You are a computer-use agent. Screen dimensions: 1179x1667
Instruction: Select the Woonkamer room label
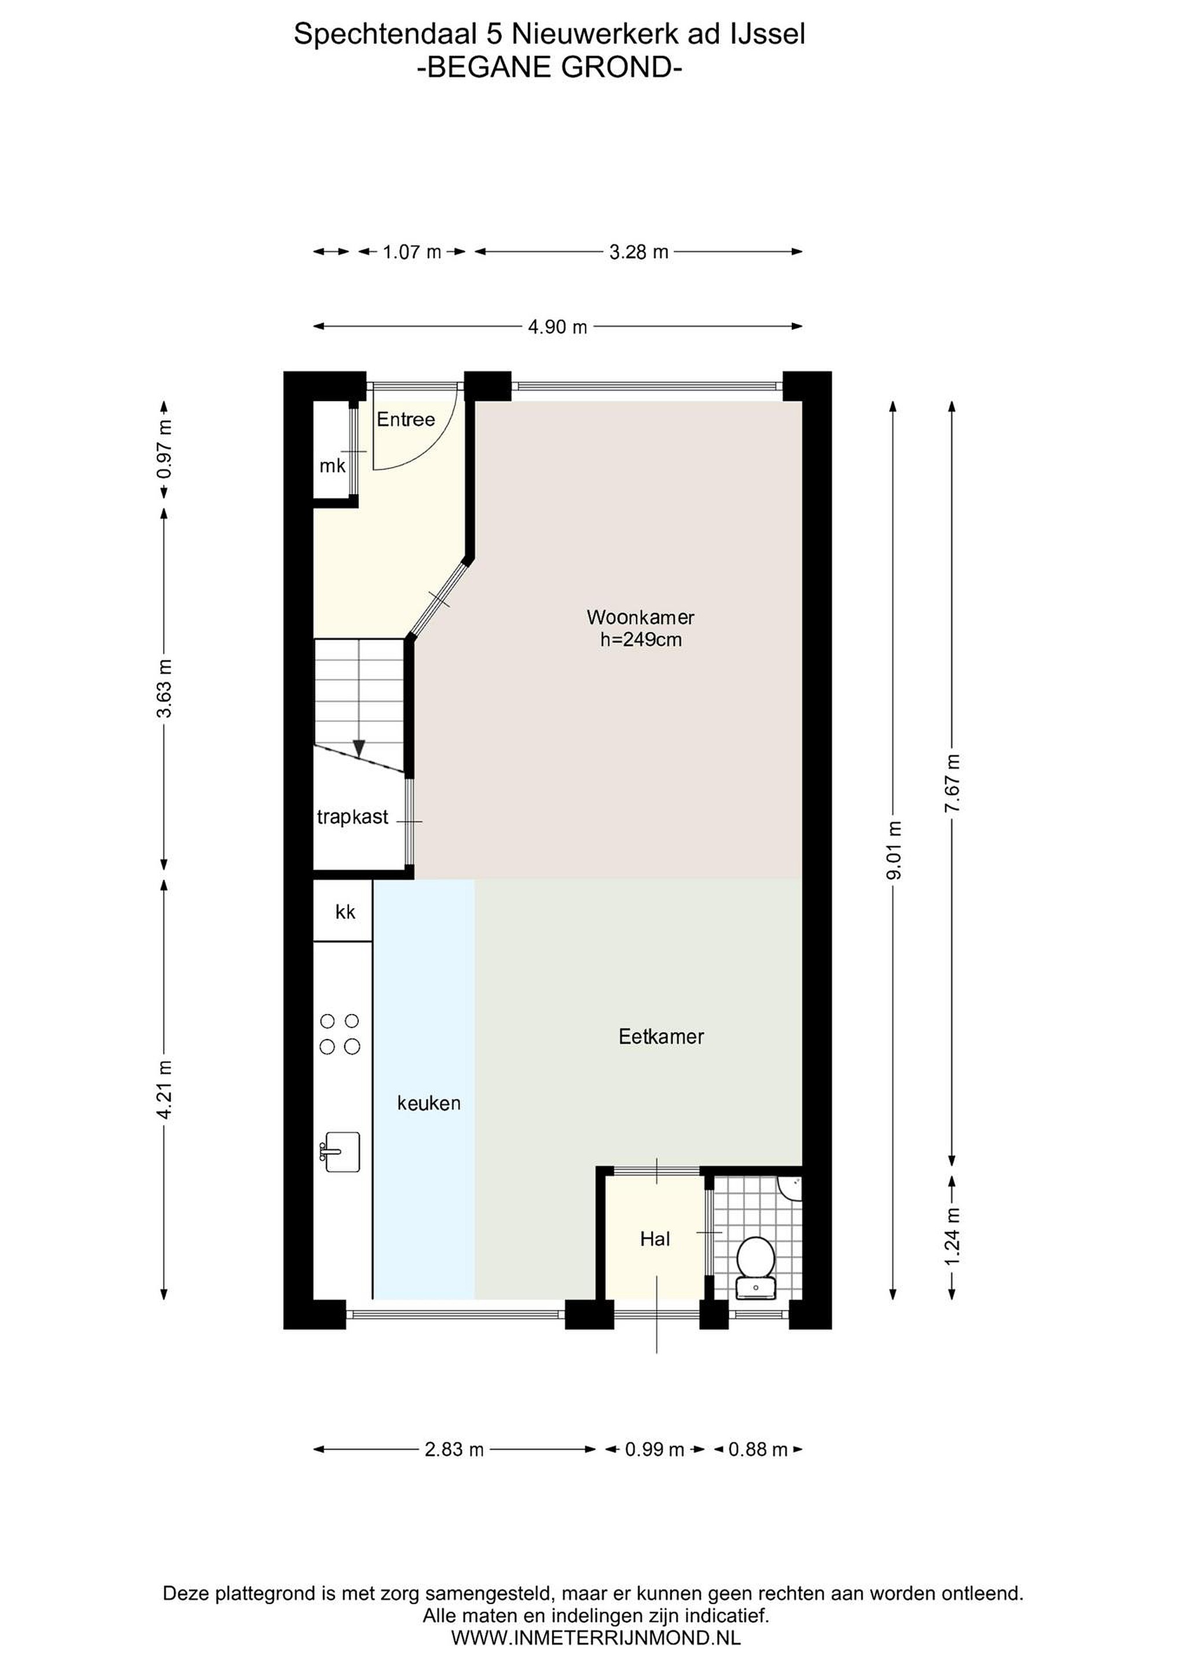pyautogui.click(x=640, y=617)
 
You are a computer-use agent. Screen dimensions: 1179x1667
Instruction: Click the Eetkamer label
pyautogui.click(x=662, y=1036)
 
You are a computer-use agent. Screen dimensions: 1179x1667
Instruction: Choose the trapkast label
pyautogui.click(x=353, y=817)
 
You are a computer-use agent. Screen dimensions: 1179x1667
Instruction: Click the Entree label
pyautogui.click(x=406, y=419)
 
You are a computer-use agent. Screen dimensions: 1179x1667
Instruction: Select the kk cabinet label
pyautogui.click(x=346, y=911)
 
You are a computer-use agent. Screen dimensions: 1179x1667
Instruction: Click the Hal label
pyautogui.click(x=655, y=1239)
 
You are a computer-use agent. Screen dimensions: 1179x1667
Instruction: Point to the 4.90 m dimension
pyautogui.click(x=557, y=326)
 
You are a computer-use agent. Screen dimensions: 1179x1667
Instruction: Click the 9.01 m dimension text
pyautogui.click(x=894, y=850)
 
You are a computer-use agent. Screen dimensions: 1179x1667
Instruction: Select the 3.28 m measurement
pyautogui.click(x=639, y=252)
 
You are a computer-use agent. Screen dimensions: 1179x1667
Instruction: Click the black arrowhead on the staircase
pyautogui.click(x=359, y=748)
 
